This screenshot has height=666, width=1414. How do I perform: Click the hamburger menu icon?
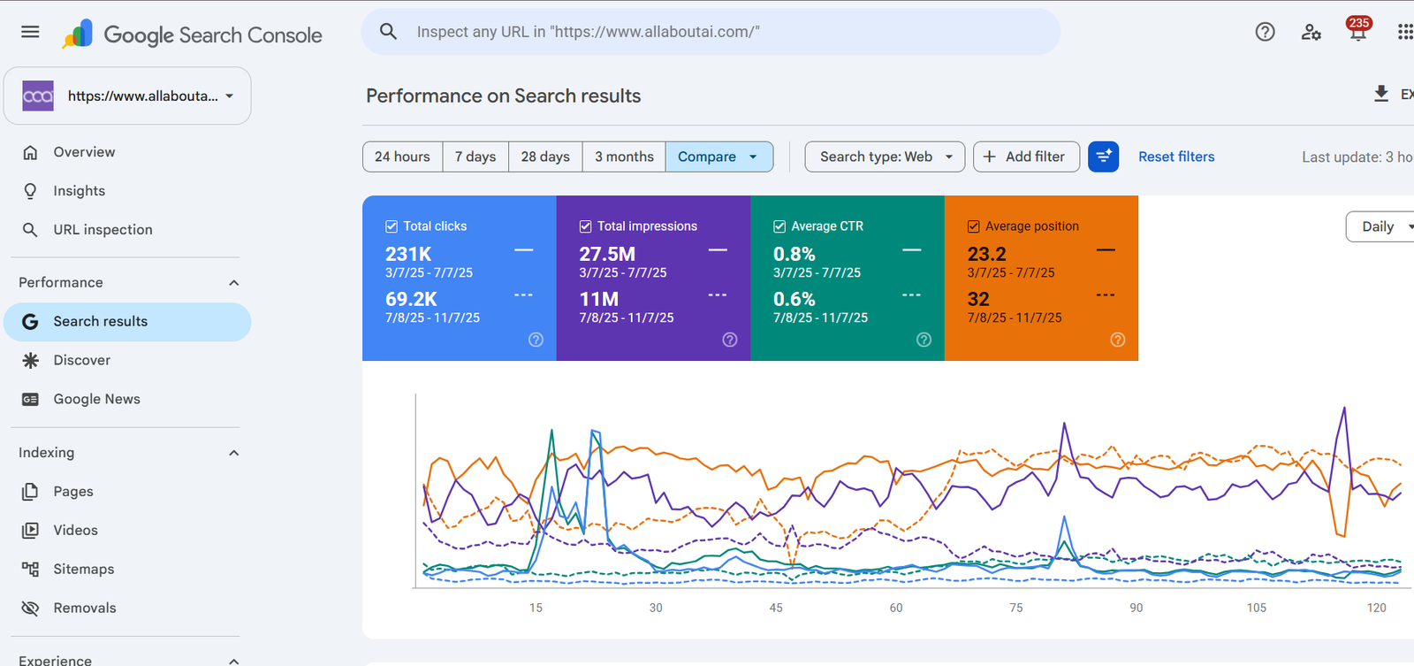pos(30,32)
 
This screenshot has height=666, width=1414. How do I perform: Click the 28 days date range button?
pos(545,157)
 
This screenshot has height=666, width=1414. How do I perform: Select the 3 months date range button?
pos(624,157)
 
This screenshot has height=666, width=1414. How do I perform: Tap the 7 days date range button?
pos(475,157)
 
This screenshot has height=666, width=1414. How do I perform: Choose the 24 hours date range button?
pos(402,157)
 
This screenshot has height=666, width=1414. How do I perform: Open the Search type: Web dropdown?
pos(885,157)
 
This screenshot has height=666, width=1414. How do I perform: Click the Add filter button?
pos(1026,157)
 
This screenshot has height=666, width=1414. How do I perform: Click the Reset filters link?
pos(1176,157)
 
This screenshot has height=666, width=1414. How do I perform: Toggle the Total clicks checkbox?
pos(392,226)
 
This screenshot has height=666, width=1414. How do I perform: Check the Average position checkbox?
pos(973,226)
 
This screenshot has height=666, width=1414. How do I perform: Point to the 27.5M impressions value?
pos(607,254)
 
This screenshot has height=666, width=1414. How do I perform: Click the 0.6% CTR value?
pos(794,299)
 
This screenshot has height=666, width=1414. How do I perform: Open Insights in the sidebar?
pos(79,191)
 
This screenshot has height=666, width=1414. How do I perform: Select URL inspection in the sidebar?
pos(103,229)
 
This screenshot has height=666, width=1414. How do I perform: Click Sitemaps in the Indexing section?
pos(83,569)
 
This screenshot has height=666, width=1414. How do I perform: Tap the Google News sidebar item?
pos(96,399)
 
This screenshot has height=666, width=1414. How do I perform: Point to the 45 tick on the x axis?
pos(776,608)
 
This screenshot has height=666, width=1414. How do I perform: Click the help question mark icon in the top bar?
pos(1265,32)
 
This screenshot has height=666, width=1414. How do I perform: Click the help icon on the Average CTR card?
pos(924,340)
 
